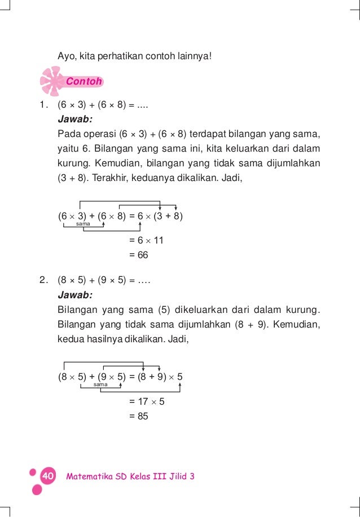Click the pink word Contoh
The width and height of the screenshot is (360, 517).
point(84,81)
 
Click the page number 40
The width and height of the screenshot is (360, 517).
point(47,476)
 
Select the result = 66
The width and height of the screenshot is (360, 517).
point(138,255)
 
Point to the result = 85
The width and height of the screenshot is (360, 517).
point(138,417)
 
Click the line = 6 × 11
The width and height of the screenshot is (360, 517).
point(146,240)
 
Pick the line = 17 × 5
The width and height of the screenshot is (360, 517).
point(147,402)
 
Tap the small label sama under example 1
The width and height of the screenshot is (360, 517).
point(83,224)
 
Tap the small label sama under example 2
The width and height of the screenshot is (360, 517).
point(100,385)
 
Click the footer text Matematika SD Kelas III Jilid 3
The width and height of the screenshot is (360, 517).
point(130,476)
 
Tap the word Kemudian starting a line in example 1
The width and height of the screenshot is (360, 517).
point(117,164)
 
